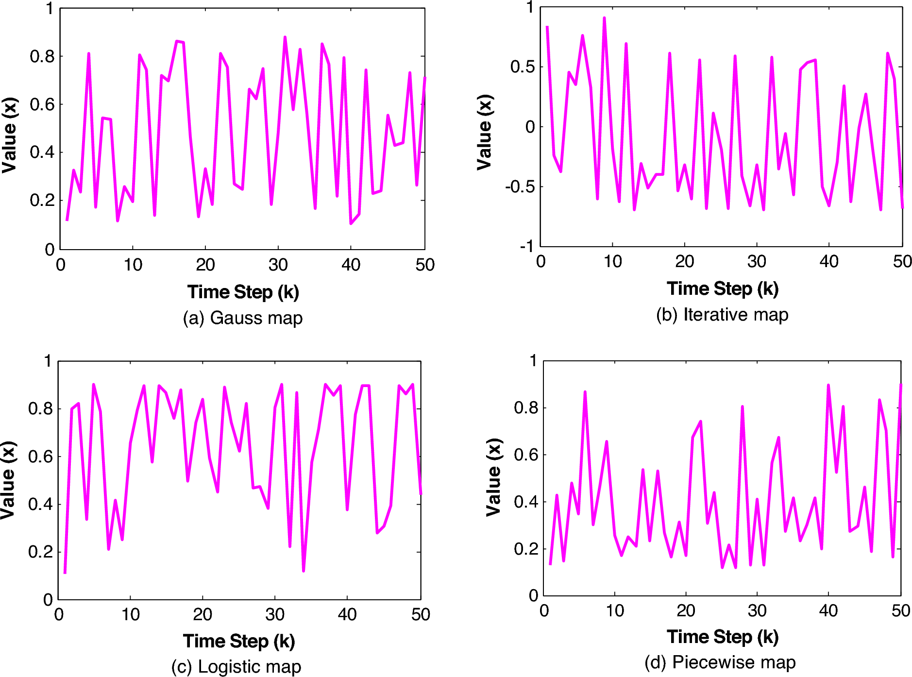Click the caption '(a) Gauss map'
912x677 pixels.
tap(242, 318)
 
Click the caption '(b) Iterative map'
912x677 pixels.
tap(722, 315)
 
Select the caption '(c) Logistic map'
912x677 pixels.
tap(236, 666)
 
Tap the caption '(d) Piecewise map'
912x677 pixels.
tap(720, 662)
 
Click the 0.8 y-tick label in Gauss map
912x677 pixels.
tap(42, 56)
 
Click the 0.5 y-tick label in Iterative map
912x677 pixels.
tap(523, 67)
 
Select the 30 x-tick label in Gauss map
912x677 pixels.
tap(278, 265)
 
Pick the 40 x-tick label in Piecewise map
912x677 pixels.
tap(828, 610)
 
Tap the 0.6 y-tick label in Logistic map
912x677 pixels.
tap(40, 457)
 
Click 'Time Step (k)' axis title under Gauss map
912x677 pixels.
tap(243, 292)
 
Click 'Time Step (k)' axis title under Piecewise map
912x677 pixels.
tap(722, 637)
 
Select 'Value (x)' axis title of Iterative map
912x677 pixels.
tap(485, 132)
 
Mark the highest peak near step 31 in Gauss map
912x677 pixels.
tap(285, 37)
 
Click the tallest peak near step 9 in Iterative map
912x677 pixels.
tap(604, 18)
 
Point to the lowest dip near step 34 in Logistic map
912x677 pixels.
tap(304, 571)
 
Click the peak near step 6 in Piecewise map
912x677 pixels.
tap(585, 392)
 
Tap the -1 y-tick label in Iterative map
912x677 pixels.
tap(526, 247)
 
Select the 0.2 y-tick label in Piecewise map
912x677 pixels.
tap(526, 549)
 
